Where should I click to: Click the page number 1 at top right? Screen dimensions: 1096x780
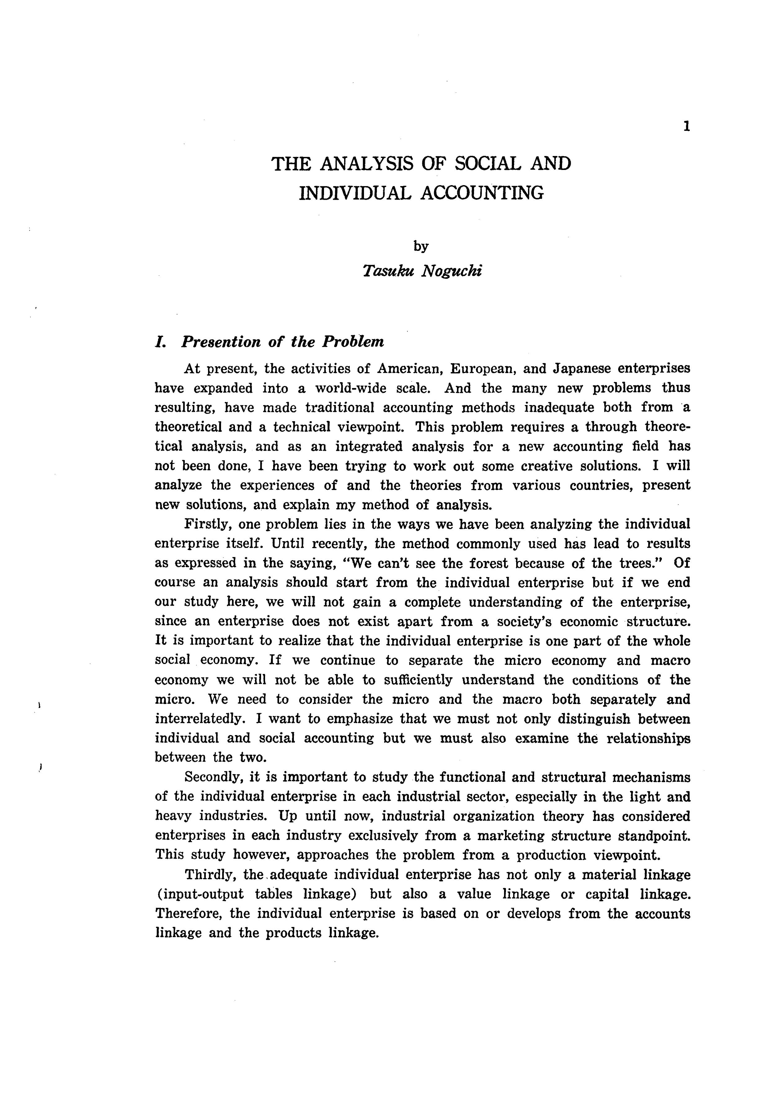pos(687,126)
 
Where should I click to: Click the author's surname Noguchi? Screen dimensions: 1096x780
pos(451,271)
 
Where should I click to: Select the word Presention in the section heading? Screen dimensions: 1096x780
pos(220,342)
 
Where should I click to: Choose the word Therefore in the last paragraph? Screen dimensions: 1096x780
pos(188,913)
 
